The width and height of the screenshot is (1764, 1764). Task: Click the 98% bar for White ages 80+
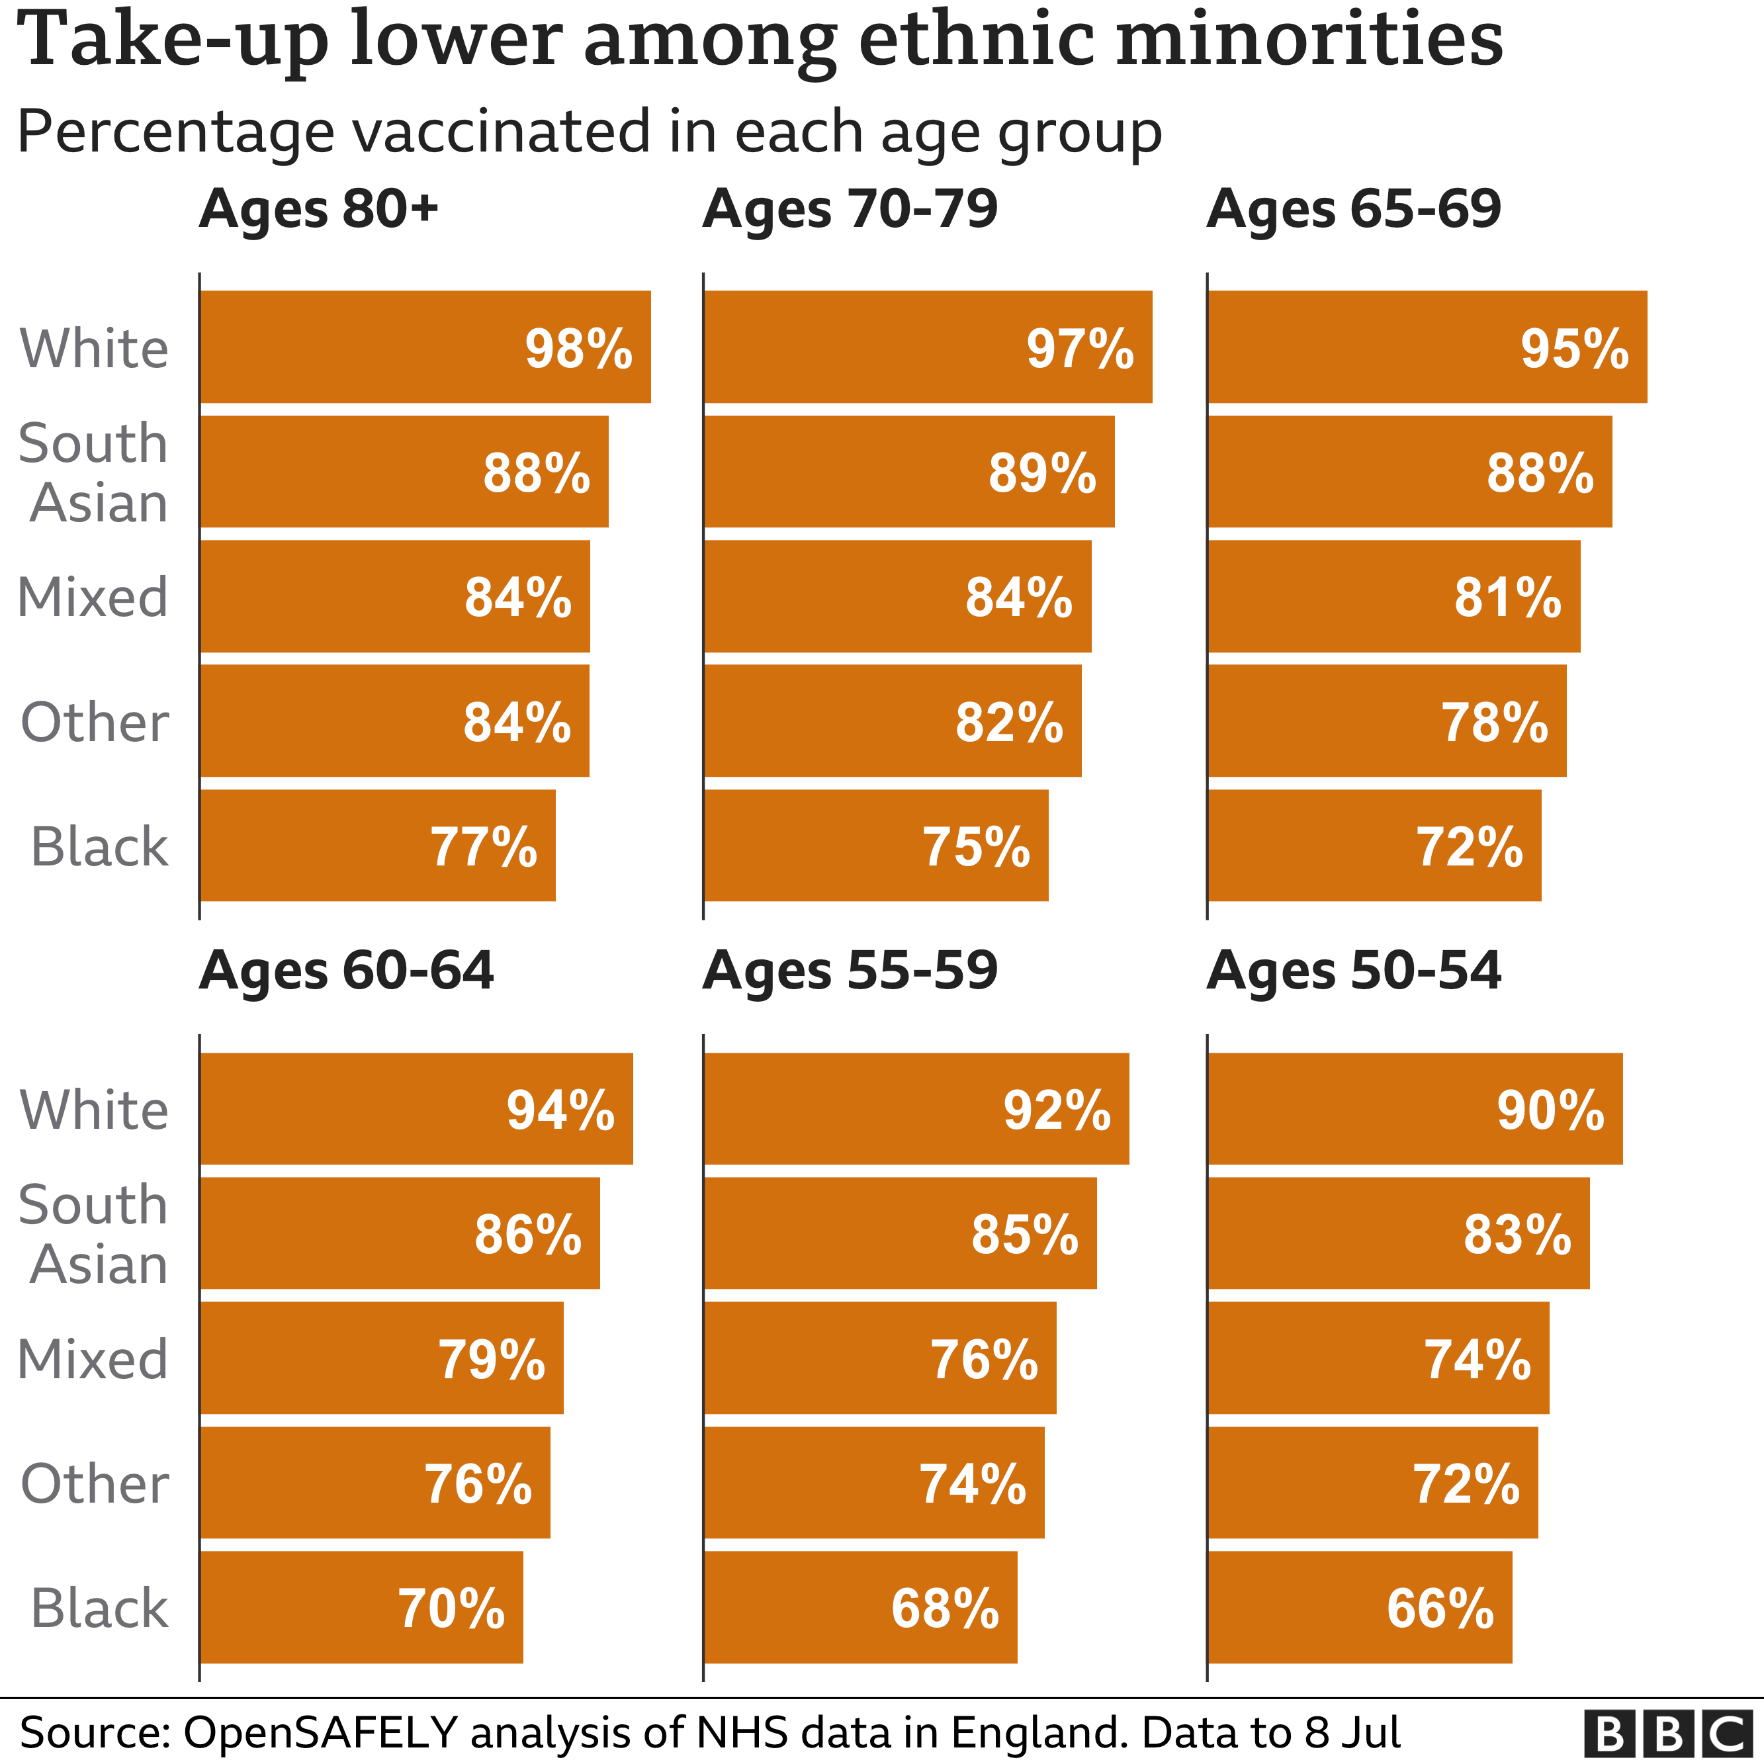[x=425, y=347]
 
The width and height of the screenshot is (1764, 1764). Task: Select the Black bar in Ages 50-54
[x=1360, y=1607]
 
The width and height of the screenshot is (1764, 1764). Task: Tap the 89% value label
[x=1041, y=473]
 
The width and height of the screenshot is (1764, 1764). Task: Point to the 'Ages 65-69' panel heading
[x=1353, y=208]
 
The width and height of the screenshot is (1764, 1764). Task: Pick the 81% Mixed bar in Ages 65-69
[x=1393, y=597]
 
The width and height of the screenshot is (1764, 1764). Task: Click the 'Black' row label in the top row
[x=99, y=846]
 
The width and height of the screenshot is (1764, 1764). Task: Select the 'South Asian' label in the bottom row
[x=94, y=1235]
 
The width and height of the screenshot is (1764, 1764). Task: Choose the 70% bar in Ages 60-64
[x=361, y=1607]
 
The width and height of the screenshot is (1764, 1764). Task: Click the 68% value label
[x=945, y=1608]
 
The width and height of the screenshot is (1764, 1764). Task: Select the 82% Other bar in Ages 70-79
[x=892, y=721]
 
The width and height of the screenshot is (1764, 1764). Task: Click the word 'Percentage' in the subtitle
[x=176, y=132]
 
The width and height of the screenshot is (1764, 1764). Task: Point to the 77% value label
[x=483, y=846]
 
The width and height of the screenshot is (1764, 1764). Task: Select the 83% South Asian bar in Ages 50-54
[x=1398, y=1233]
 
